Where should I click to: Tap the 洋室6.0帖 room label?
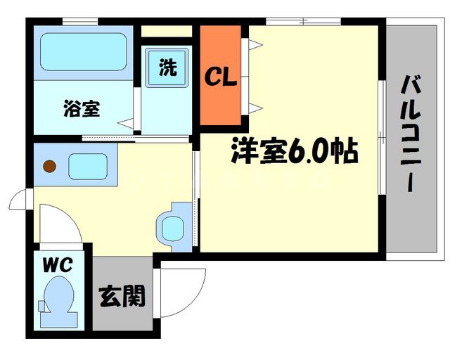click(293, 152)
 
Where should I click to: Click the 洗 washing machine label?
click(167, 67)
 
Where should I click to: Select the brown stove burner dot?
click(49, 167)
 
